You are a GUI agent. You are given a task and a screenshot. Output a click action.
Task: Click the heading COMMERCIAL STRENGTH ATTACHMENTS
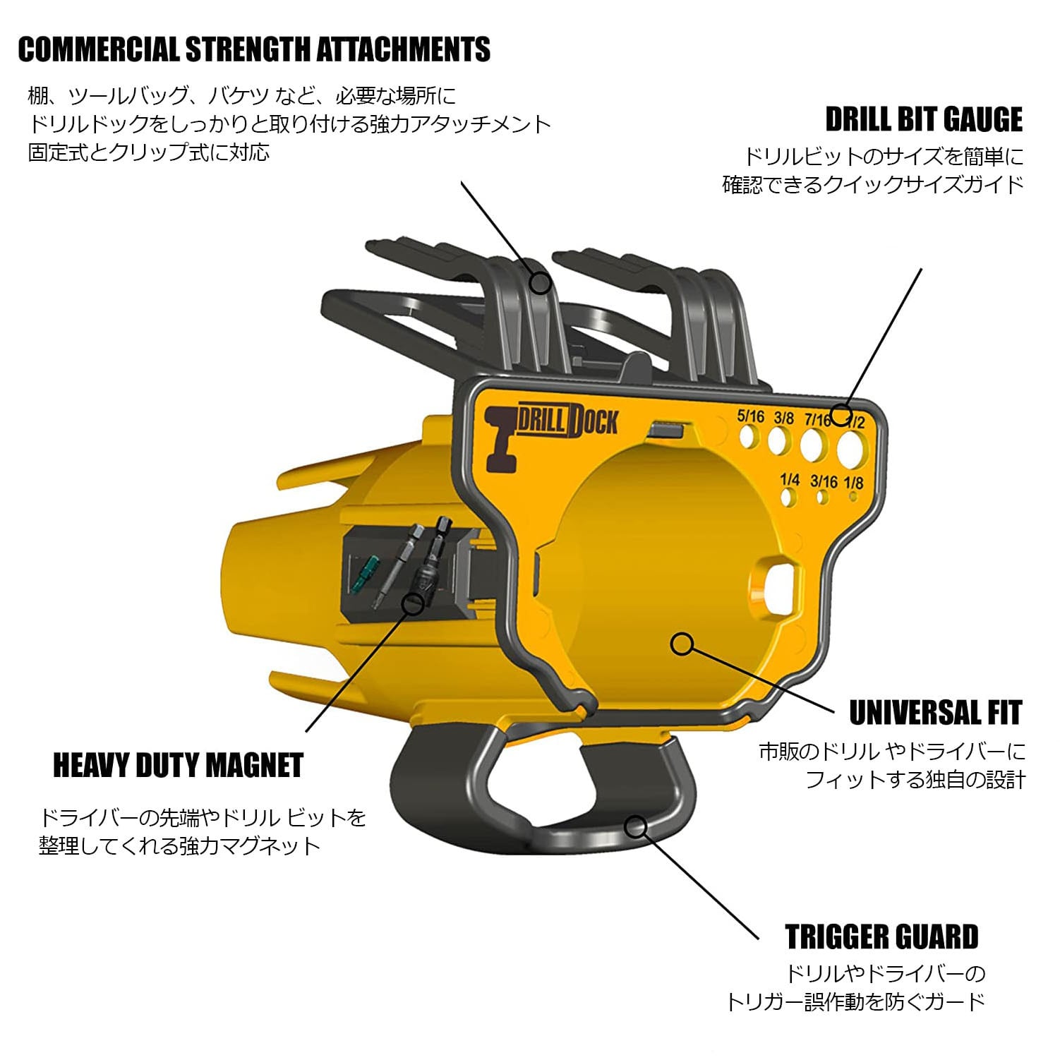pos(254,49)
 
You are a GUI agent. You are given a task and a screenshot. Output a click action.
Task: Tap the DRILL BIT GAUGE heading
pos(924,119)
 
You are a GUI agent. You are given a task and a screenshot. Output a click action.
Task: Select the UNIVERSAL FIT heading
pos(935,713)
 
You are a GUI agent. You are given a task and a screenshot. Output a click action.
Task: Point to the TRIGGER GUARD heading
pos(881,936)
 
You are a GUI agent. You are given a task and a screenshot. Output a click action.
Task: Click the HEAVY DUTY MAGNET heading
pos(178,766)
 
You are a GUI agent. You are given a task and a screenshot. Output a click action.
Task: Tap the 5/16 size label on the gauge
pos(750,416)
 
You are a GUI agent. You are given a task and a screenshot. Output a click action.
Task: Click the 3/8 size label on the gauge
pos(783,418)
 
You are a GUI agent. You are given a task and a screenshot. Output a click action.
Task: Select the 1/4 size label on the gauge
pos(790,480)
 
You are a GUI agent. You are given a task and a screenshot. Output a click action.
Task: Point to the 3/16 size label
pos(823,481)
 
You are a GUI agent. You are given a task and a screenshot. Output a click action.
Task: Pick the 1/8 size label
pos(853,483)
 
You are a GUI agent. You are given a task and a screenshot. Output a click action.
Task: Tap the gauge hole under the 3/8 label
pos(778,442)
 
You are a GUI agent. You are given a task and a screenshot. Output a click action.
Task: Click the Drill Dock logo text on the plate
pos(568,421)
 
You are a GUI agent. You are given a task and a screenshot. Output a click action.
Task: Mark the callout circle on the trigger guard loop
pos(636,826)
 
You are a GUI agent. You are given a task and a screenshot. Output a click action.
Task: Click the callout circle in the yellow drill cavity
pos(682,643)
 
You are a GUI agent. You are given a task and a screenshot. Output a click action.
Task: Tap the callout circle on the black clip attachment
pos(540,283)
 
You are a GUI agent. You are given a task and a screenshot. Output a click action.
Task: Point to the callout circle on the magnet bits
pos(412,603)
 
